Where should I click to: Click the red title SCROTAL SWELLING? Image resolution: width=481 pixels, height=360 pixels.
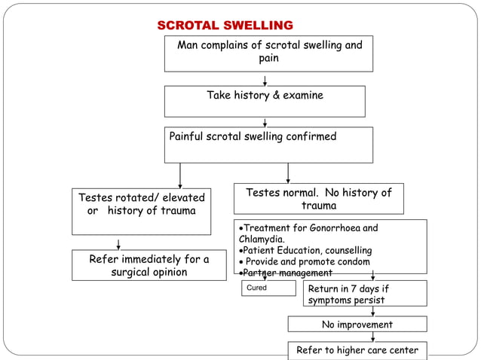[225, 26]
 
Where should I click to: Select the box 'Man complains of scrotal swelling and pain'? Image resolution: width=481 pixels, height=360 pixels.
[268, 52]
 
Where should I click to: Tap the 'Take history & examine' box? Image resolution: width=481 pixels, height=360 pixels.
[265, 100]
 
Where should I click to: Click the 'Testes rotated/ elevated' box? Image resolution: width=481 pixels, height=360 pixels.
[141, 204]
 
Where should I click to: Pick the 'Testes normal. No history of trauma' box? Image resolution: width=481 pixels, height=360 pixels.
[318, 199]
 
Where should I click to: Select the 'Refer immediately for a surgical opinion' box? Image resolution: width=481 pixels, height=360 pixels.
[149, 265]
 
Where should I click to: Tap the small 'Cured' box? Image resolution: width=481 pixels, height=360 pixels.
[268, 288]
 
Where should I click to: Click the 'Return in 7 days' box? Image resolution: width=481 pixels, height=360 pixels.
[365, 294]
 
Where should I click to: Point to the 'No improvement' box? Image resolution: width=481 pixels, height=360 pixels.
[357, 325]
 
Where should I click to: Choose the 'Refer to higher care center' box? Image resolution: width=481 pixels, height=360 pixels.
[357, 350]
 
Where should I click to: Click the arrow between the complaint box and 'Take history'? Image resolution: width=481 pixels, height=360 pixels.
[265, 79]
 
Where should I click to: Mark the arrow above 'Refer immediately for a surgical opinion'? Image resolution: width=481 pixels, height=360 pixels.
[118, 243]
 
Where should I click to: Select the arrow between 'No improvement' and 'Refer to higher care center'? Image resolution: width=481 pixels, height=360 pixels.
[372, 337]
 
